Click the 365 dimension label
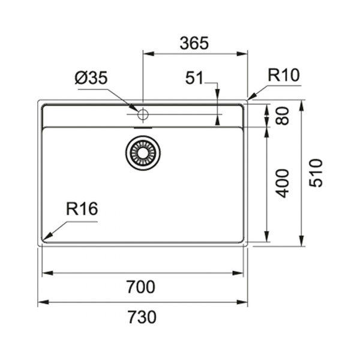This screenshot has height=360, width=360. [x=194, y=43]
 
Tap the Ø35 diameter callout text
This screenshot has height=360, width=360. [x=91, y=77]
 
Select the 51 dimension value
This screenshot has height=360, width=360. [x=194, y=78]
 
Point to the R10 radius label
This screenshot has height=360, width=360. [x=284, y=75]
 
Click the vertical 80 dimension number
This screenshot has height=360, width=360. [x=283, y=116]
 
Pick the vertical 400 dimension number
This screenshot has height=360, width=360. [x=283, y=184]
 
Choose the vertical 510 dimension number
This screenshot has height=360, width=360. [x=316, y=173]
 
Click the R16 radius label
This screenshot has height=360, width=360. [x=82, y=209]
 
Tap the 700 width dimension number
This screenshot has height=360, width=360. [x=141, y=287]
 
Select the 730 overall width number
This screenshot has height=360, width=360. [x=142, y=317]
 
